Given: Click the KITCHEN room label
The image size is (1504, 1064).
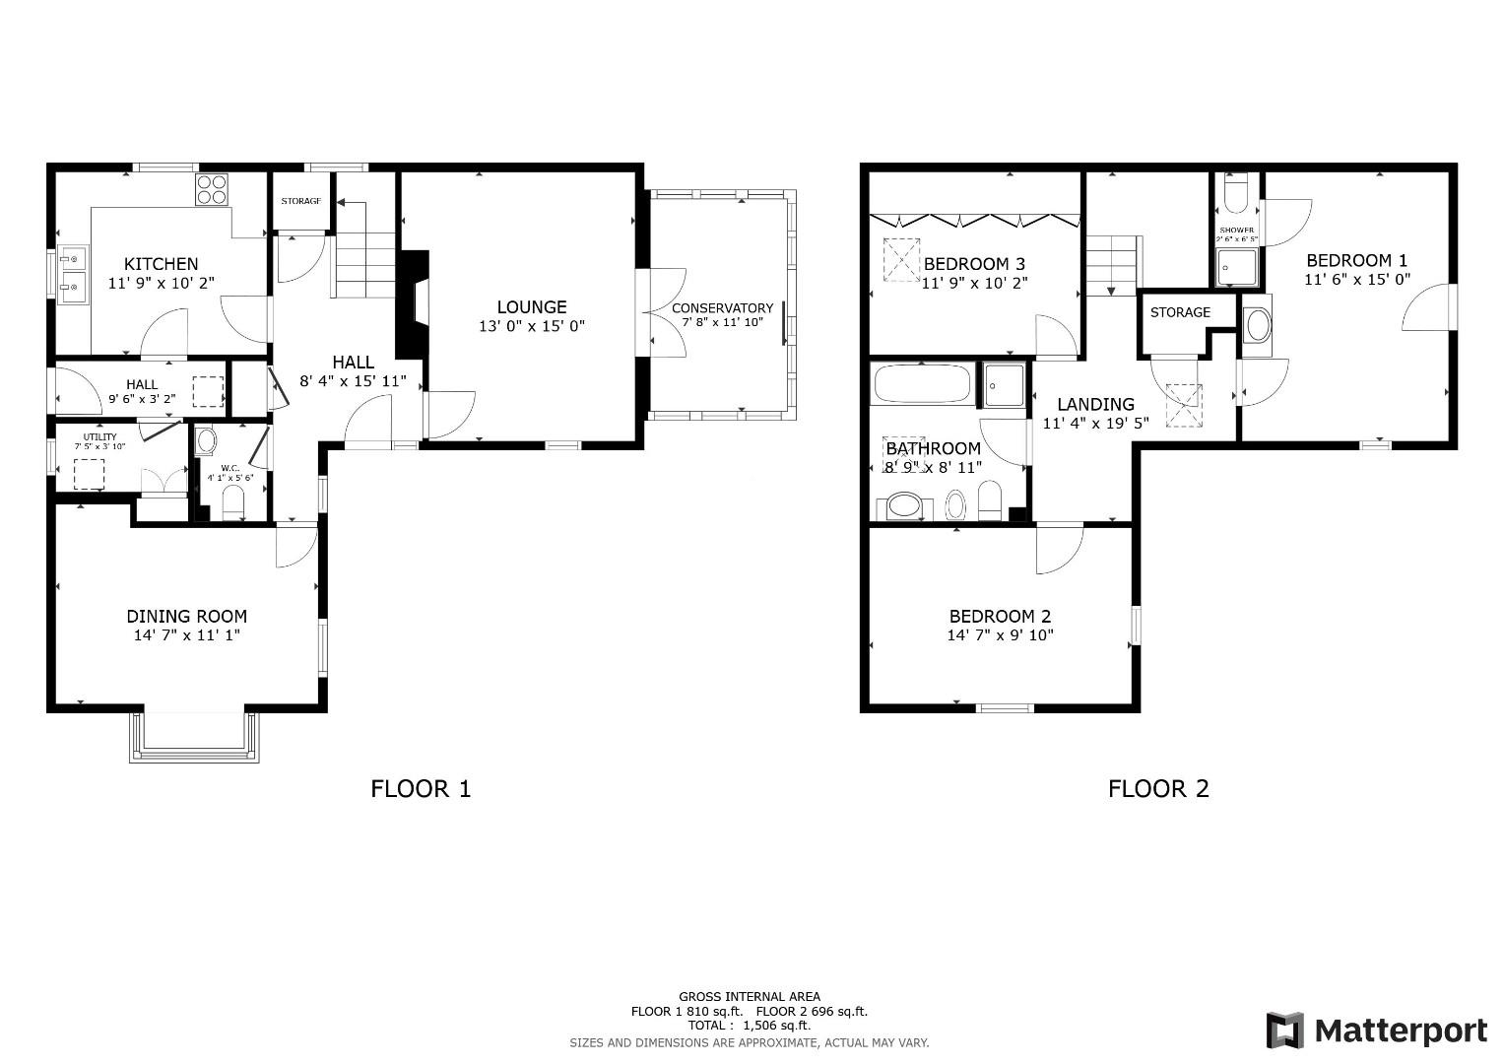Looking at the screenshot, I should tap(161, 264).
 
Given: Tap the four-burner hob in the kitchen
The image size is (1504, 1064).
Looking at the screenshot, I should tap(212, 188).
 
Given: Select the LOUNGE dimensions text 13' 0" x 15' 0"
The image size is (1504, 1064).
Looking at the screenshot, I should tap(532, 326).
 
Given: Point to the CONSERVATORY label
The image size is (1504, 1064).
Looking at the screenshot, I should tap(722, 308).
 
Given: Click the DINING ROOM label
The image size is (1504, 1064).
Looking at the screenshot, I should tap(186, 617).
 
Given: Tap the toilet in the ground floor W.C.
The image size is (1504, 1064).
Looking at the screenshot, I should tap(233, 504).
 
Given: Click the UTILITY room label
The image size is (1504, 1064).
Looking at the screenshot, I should tap(99, 436).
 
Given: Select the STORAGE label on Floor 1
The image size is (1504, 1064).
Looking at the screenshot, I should tap(300, 201).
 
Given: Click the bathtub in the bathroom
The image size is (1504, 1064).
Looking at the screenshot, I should tap(922, 383).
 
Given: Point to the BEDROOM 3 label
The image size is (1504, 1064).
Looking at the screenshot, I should tap(974, 264).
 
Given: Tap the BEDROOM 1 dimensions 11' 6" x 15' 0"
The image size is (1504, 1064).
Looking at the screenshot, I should tap(1357, 280).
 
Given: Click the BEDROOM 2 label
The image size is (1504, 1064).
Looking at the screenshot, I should tap(1000, 617).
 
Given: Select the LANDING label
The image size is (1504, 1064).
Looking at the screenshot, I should tap(1095, 405).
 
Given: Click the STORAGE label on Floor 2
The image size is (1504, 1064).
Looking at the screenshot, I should tap(1180, 312).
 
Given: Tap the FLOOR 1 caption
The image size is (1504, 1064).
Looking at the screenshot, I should tap(421, 788).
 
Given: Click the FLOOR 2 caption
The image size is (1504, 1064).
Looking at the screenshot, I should tap(1158, 788).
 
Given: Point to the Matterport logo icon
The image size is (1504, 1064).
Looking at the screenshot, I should tap(1284, 1031).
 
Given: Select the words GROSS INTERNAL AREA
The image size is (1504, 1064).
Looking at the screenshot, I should tap(749, 997).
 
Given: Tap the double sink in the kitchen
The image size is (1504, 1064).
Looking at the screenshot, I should tap(70, 275).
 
